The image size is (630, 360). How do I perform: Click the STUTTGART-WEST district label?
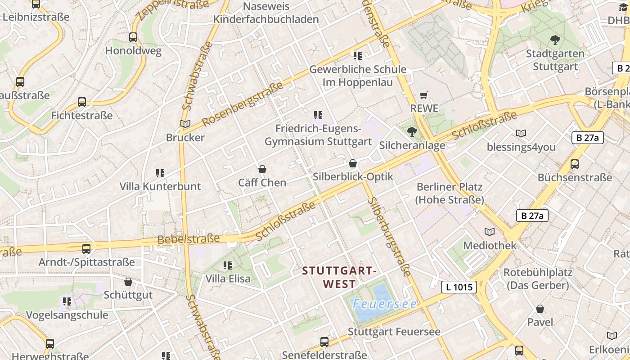pos(339,277)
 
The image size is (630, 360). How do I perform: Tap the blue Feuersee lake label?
pos(385,304)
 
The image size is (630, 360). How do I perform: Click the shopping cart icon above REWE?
pos(423,95)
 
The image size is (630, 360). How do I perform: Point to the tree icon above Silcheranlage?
pos(412,131)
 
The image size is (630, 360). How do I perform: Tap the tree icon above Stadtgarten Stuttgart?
pos(555,40)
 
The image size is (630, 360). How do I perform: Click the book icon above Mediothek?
pos(490,232)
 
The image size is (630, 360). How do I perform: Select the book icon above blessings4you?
pos(521,133)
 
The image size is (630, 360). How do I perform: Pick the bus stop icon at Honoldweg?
pos(133,37)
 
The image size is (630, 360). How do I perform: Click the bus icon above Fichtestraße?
pos(82,102)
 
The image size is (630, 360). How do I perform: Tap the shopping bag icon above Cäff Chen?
pos(262,169)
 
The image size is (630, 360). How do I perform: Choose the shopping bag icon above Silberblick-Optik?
pos(353,163)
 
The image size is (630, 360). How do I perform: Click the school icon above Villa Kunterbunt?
pos(160,173)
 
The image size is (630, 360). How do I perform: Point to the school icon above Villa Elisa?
pos(228,265)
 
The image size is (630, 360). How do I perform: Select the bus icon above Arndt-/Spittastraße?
pos(86,248)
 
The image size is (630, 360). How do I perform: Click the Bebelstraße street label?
pos(189,238)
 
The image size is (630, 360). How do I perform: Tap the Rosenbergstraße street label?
pos(243,104)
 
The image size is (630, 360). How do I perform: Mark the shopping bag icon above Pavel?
pos(540,309)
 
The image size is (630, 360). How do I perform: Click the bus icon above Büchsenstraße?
pos(575,164)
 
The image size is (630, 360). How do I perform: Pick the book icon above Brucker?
pos(185,124)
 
